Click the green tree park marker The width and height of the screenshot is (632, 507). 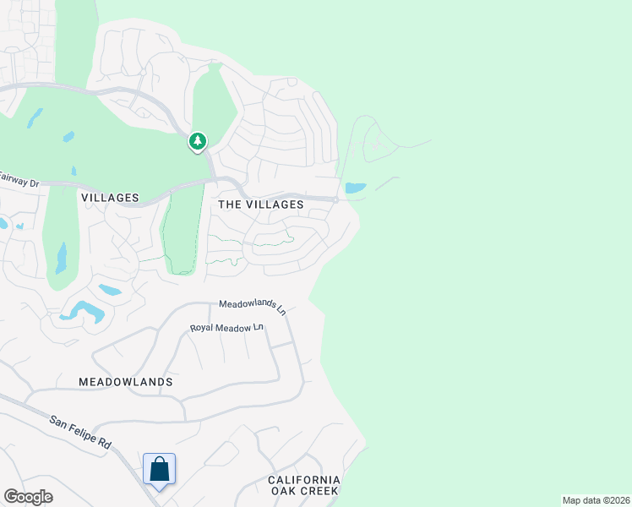coord(198,141)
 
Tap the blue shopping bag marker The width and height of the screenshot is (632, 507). coord(159,469)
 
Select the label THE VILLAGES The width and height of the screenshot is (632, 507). coord(260,204)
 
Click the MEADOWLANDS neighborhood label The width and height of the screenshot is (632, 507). coord(126,382)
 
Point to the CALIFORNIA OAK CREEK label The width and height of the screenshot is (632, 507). coord(303,485)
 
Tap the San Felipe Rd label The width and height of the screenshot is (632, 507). coord(80,432)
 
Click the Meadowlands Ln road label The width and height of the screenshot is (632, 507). coord(253,306)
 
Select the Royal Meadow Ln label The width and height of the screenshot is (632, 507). coord(226,328)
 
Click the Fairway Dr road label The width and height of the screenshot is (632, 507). coord(19,179)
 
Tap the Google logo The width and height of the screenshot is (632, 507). coord(28,496)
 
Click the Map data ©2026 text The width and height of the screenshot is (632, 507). coord(596,500)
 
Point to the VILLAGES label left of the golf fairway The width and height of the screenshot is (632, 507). coord(110,198)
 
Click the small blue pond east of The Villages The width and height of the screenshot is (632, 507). coord(356,188)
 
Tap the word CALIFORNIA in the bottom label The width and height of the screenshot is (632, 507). coord(304,480)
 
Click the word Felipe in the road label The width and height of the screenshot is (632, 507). coord(84,433)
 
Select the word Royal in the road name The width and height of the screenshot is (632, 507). coord(203,328)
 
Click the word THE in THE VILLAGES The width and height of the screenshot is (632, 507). coord(231,204)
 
